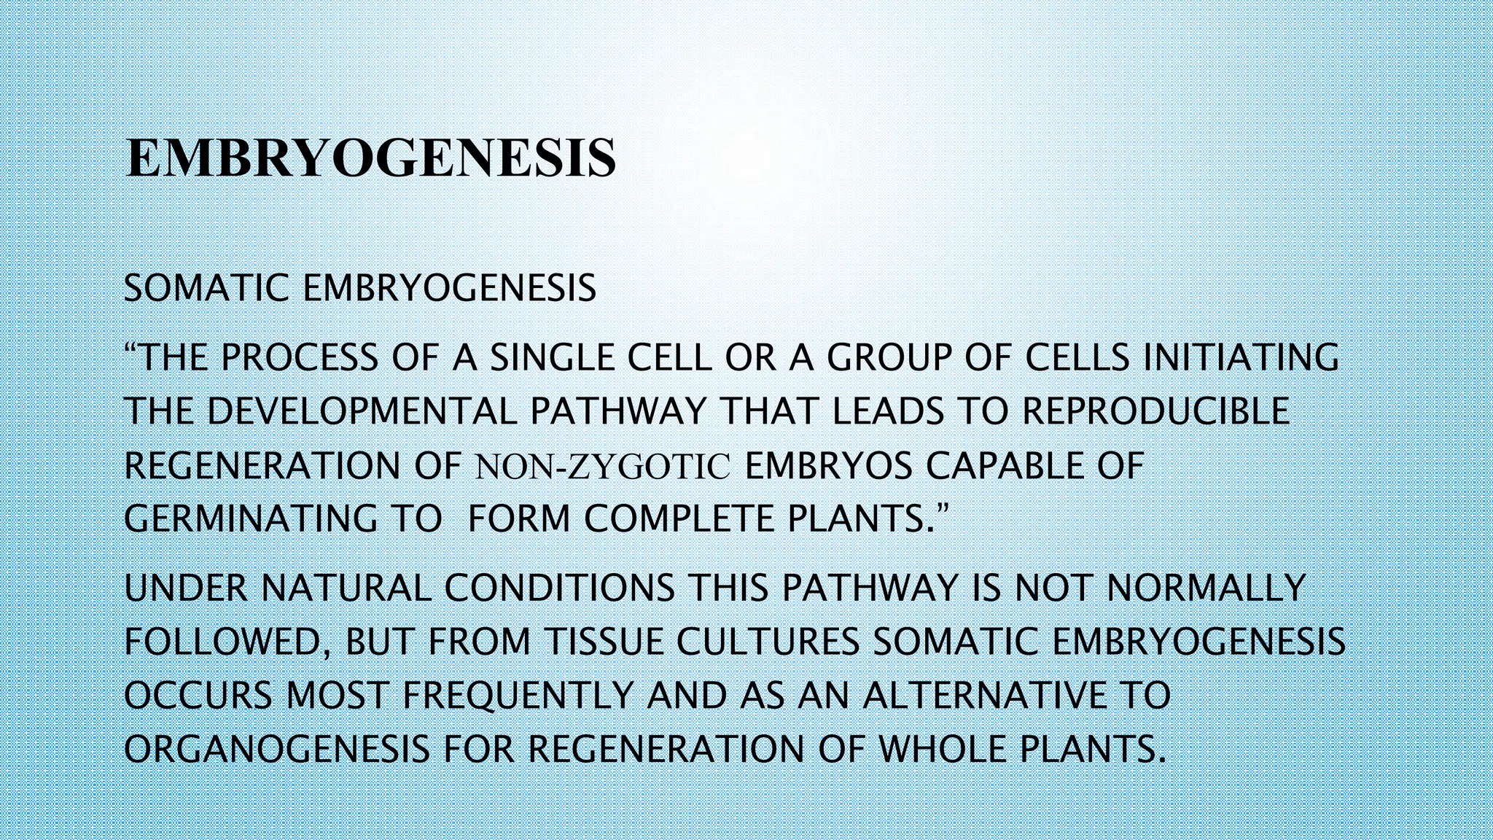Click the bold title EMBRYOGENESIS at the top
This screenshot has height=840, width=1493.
point(371,158)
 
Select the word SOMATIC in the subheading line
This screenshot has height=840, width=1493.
point(206,289)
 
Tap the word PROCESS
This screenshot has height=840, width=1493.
point(300,358)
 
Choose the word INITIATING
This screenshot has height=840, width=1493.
point(1240,358)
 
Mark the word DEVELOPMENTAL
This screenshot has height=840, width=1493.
point(362,412)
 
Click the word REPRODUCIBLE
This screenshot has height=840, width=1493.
point(1156,412)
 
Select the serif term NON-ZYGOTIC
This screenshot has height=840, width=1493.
point(602,467)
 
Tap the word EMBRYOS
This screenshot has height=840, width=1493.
point(829,467)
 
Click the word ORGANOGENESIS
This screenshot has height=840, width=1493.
point(276,750)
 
